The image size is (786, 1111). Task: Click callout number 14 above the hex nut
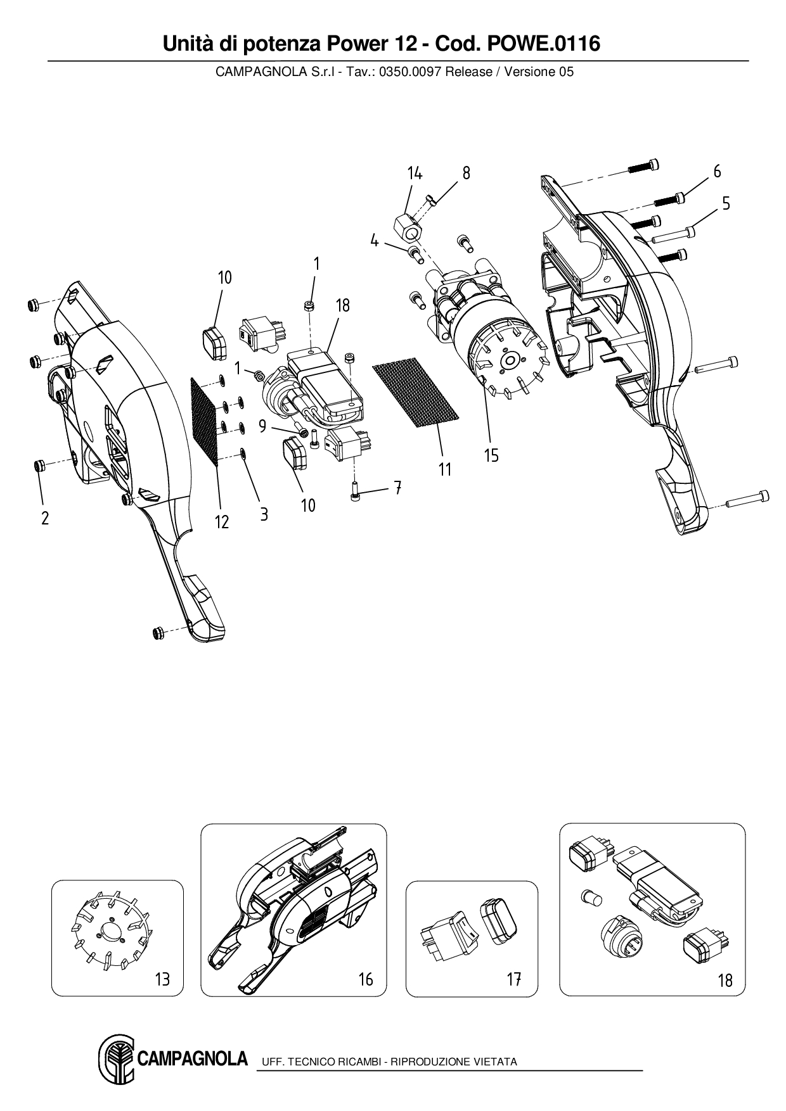(415, 174)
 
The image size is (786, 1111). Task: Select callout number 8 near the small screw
(467, 174)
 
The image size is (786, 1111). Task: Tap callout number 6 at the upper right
(717, 172)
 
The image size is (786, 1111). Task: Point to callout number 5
(726, 203)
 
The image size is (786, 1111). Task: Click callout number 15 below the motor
(491, 455)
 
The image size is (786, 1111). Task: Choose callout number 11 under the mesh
(445, 469)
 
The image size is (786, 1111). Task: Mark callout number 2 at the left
(45, 518)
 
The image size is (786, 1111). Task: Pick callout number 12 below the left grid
(221, 522)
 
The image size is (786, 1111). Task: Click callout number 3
(264, 514)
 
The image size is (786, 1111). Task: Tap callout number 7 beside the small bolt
(397, 488)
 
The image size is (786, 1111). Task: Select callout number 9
(262, 427)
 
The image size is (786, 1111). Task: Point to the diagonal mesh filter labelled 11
(415, 393)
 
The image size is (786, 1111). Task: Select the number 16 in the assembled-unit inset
(366, 979)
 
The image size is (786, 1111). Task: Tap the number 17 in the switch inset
(513, 979)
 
